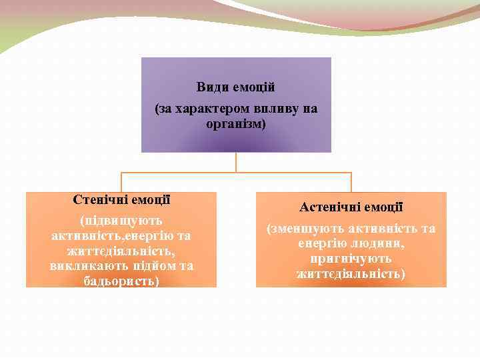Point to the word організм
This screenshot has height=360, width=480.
pos(235,124)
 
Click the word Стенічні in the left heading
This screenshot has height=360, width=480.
pos(100,199)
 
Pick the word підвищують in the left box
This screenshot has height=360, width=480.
pos(121,220)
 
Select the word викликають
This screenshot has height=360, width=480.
pos(87,266)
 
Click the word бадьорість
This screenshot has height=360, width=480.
pos(120,281)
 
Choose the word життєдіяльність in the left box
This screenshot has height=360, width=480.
pos(121,251)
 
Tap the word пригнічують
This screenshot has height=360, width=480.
pos(351,259)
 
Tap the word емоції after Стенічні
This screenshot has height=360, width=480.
pos(151,199)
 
